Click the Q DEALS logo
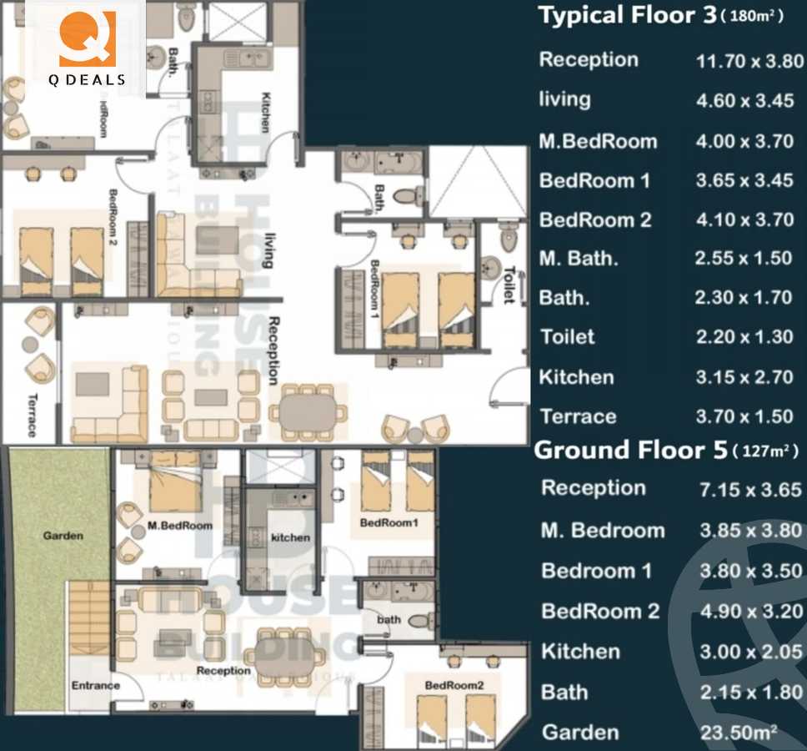tap(86, 46)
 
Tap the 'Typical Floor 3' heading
tap(628, 16)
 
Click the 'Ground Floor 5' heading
tap(631, 451)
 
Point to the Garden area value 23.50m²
tap(742, 732)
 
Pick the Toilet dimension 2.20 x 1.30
tap(744, 337)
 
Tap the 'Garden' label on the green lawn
tap(63, 536)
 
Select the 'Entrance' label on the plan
tap(95, 686)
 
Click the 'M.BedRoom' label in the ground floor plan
tap(179, 526)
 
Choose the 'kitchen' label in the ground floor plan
tap(290, 537)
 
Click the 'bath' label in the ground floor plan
tap(388, 620)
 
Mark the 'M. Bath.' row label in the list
tap(579, 259)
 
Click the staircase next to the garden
tap(88, 617)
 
